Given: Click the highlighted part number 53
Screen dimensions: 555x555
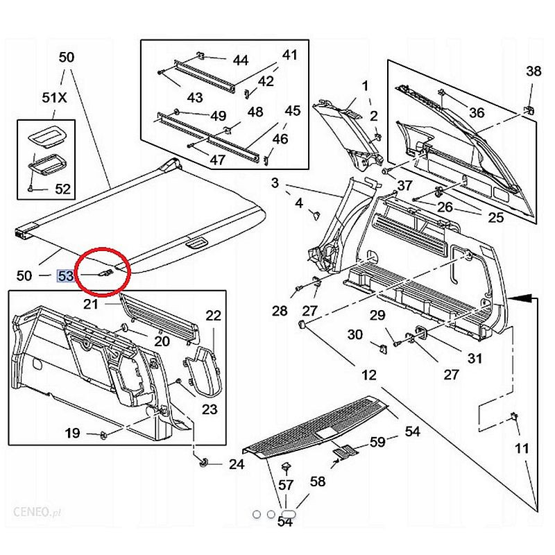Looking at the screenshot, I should [66, 275].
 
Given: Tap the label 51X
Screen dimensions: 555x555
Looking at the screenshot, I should [54, 98].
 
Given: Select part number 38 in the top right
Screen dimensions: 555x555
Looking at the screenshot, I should [533, 71].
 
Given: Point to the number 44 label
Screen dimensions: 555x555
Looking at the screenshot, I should [240, 60].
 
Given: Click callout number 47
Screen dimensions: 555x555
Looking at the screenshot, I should [218, 160].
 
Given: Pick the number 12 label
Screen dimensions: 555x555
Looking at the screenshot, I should [368, 375].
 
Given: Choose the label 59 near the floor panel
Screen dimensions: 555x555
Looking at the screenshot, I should [377, 441].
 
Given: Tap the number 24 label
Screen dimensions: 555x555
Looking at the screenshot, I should [237, 464].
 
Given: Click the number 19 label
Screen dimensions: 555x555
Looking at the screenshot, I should [72, 434].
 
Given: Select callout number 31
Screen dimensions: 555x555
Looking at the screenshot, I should [475, 359].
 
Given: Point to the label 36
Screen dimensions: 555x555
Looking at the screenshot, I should [477, 113].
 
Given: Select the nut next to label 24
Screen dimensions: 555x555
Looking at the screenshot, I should [204, 462].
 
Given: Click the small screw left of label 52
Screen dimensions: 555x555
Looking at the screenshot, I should [31, 188].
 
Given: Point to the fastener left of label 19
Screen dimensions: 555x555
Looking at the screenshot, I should [102, 434].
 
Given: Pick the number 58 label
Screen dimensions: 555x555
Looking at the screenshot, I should [317, 481].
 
